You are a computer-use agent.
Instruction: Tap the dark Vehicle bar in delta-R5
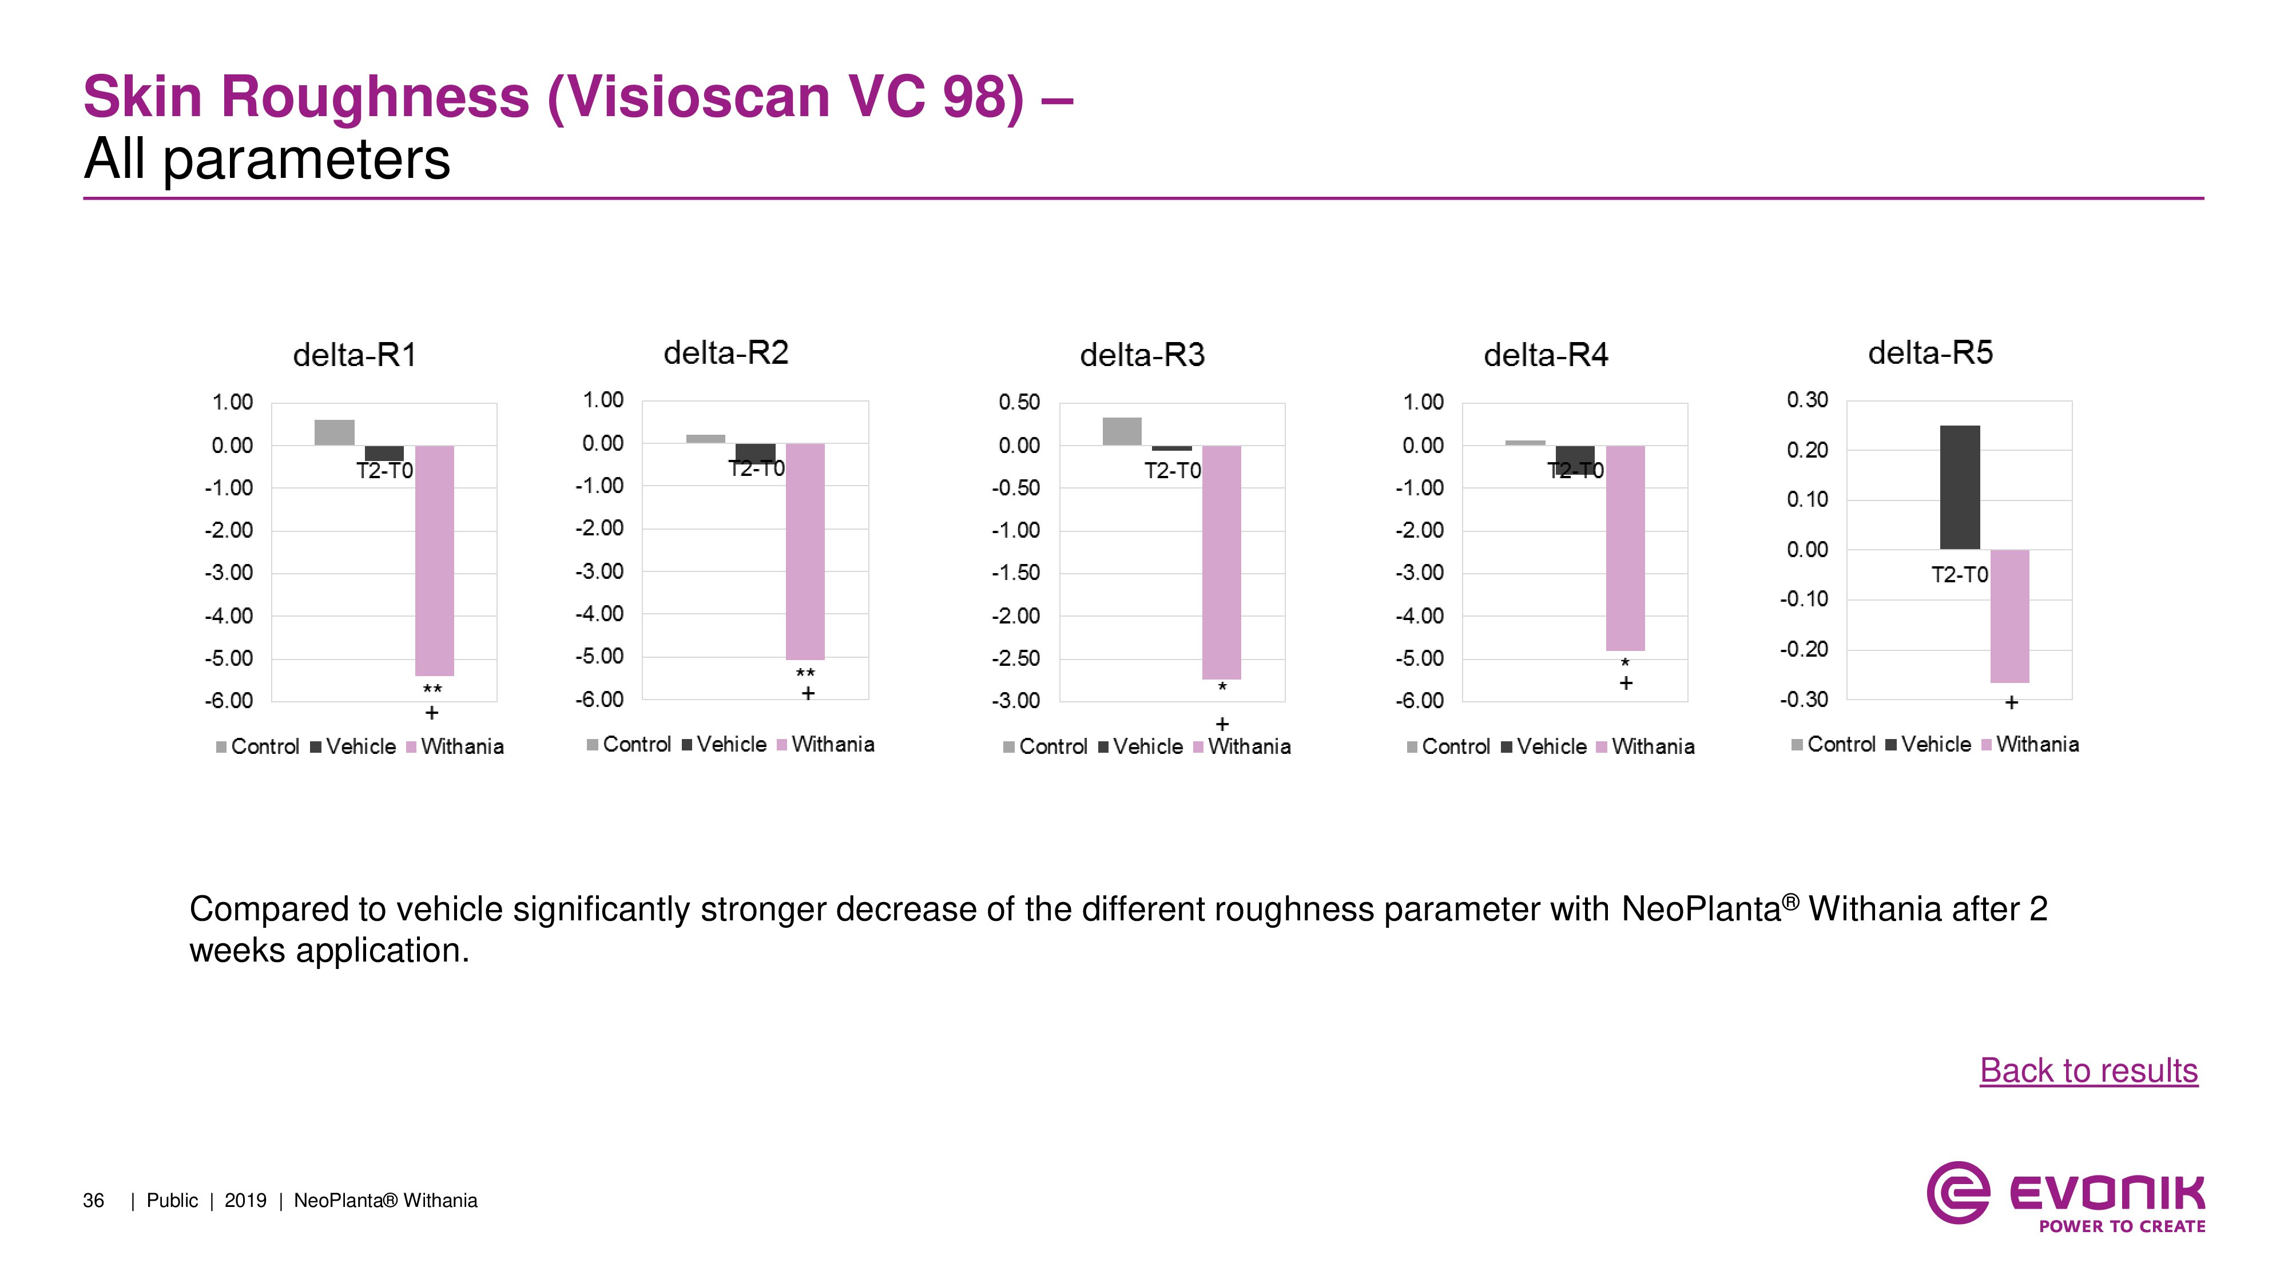coord(1959,487)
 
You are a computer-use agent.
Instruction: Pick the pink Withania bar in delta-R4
coord(1626,547)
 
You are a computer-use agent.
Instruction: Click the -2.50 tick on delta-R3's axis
coord(1015,658)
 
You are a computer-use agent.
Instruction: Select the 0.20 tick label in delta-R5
coord(1808,450)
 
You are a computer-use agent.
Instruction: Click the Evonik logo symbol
coord(1957,1192)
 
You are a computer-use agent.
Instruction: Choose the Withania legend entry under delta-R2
coord(825,744)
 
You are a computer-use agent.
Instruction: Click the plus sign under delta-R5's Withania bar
coord(2012,702)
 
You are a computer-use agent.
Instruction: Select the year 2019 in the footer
coord(245,1201)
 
